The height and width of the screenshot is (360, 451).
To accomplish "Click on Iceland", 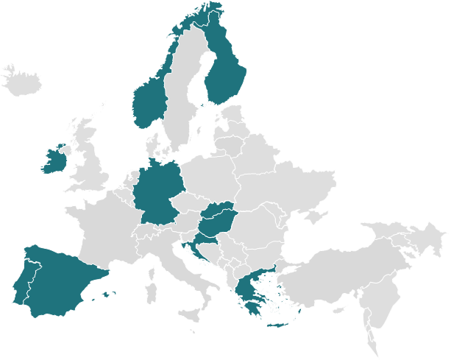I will click(22, 82).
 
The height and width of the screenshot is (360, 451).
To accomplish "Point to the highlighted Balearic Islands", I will click(107, 294).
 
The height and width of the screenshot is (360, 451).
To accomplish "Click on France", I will click(103, 228).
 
